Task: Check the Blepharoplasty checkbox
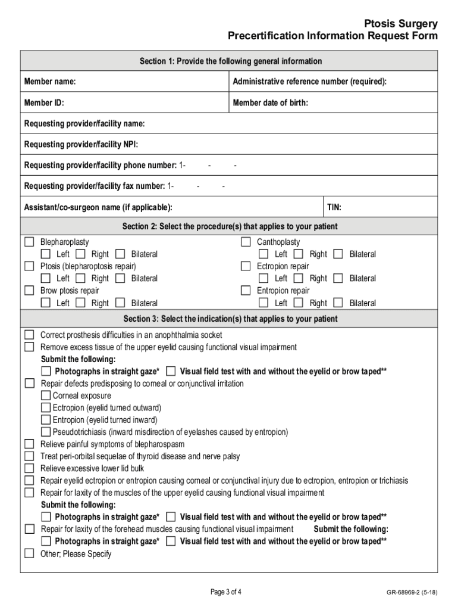29,242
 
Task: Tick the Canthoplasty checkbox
246,242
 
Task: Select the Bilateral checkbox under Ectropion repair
338,278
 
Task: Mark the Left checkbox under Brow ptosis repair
45,303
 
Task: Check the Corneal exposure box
46,396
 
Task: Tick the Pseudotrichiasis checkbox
46,432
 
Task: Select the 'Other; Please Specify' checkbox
29,553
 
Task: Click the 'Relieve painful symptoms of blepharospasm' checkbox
29,444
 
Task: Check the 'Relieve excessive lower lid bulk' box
29,468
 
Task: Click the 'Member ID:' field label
44,103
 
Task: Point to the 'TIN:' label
334,207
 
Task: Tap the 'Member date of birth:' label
270,103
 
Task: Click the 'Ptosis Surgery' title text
401,24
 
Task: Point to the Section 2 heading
230,226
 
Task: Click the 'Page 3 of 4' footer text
226,592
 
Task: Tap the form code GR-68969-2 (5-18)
411,592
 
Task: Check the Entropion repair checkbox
246,291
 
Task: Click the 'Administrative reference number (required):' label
309,81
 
